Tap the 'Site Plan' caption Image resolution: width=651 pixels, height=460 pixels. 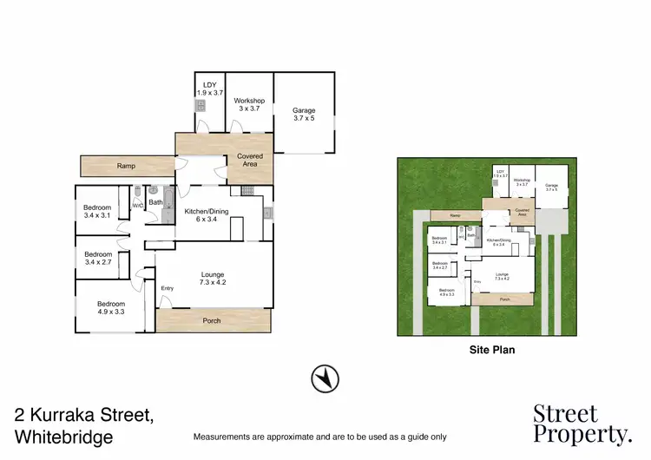click(x=487, y=352)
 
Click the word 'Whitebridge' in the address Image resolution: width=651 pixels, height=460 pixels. click(x=64, y=437)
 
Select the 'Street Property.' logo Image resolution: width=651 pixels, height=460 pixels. click(x=582, y=424)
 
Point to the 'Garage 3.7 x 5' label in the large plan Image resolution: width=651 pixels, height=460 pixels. click(x=304, y=115)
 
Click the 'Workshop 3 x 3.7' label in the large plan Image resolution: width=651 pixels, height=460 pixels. click(x=250, y=104)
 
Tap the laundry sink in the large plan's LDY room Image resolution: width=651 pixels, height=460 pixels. click(x=201, y=106)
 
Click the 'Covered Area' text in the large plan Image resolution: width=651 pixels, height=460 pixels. click(x=250, y=161)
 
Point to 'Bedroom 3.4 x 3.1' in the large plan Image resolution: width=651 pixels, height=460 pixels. click(x=97, y=212)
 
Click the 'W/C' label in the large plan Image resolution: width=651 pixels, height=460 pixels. click(x=137, y=206)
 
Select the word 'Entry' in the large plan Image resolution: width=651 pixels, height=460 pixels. click(x=167, y=288)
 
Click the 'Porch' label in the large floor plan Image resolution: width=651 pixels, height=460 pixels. click(x=211, y=320)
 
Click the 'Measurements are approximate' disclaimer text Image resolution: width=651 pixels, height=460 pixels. click(x=319, y=436)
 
